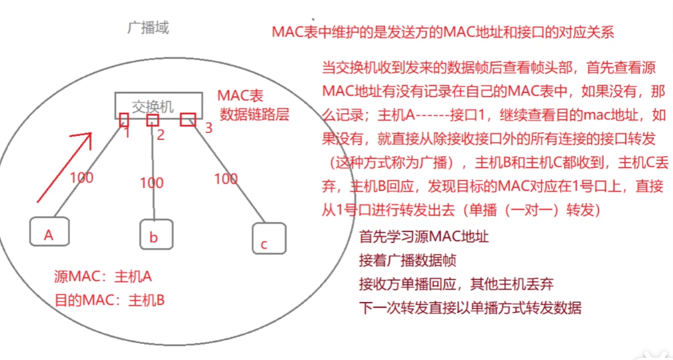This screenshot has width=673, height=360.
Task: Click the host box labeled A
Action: click(x=49, y=232)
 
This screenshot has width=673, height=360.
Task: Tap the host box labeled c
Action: click(x=269, y=239)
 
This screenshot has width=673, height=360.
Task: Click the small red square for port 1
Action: click(x=124, y=120)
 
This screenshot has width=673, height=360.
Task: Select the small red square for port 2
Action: click(x=153, y=120)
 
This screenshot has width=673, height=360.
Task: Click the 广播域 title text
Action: click(x=148, y=28)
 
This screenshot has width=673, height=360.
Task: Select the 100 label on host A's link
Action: click(x=81, y=177)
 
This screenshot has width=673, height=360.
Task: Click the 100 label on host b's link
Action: click(x=151, y=183)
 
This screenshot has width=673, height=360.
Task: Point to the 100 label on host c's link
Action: click(x=225, y=179)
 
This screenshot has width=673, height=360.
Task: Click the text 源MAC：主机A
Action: click(x=103, y=277)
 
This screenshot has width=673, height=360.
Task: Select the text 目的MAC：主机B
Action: click(x=110, y=300)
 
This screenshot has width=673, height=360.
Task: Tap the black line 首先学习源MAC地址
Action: click(x=424, y=237)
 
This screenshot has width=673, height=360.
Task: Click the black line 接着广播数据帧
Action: click(x=408, y=261)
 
